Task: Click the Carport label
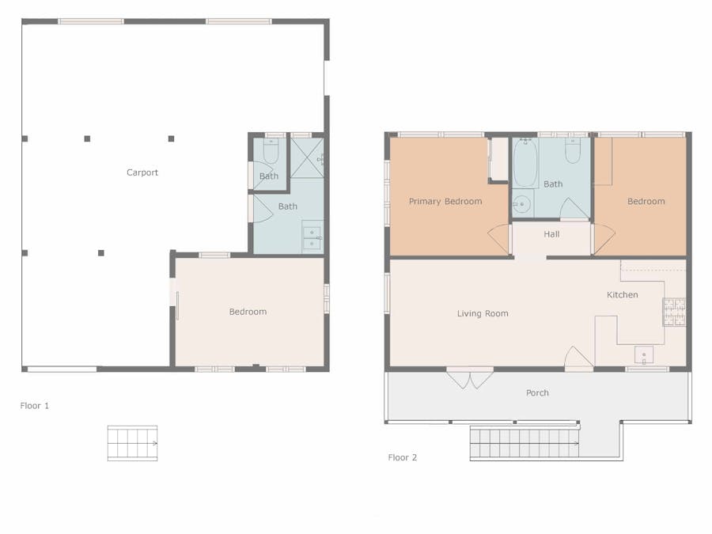coord(142,172)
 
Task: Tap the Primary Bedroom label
coord(445,201)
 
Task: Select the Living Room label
coord(483,313)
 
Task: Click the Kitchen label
coord(622,295)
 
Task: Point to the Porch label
coord(537,392)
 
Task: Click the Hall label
coord(551,234)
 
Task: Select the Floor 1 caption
coord(35,406)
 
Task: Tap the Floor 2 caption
coord(403,457)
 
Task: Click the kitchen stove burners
coord(674,312)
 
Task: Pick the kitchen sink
coord(644,354)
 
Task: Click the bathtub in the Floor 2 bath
coord(525,162)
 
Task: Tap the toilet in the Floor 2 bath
coord(573,150)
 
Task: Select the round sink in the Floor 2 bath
coord(522,204)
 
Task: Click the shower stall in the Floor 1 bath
coord(307,157)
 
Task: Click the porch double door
coord(470,378)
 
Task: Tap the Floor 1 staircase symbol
coord(133,443)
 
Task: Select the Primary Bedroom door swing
coord(499,239)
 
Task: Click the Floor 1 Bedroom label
coord(248,312)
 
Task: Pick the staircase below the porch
coord(525,443)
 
